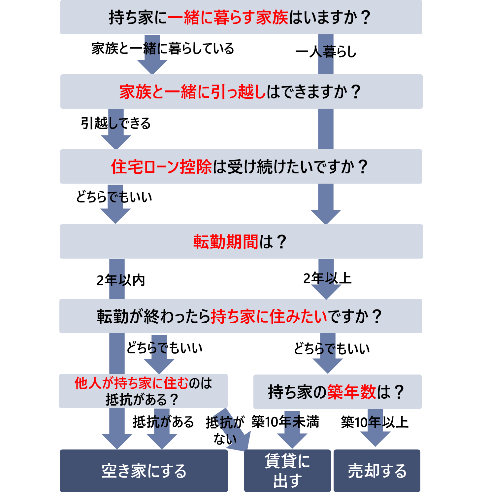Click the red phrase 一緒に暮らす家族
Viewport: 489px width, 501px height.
click(228, 18)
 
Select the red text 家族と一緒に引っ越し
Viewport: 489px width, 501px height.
click(193, 92)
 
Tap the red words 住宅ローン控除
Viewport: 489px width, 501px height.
click(161, 167)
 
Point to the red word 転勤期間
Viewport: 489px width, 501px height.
click(226, 242)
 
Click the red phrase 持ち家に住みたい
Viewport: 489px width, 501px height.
click(269, 316)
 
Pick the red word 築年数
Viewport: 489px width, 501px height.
click(351, 392)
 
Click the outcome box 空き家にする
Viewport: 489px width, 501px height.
click(144, 471)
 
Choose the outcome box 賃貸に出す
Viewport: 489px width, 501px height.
click(287, 471)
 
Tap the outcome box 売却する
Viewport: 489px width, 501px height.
click(377, 471)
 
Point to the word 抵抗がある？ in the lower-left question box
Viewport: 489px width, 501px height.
click(142, 400)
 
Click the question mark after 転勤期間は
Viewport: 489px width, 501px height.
click(281, 242)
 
